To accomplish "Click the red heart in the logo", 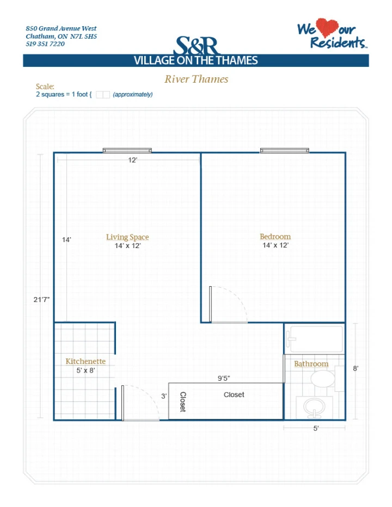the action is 327,27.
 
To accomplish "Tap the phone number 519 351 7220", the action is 45,44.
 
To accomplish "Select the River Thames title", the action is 196,79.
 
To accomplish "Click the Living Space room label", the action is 127,237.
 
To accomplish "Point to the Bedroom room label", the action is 275,236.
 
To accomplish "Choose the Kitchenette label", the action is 85,361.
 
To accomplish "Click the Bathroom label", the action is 311,364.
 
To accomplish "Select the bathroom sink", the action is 314,407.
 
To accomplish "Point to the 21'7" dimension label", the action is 41,299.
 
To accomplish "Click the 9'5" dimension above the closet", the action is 224,378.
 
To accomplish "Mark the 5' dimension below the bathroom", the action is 316,429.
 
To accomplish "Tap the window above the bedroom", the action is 285,150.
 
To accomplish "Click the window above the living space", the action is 127,150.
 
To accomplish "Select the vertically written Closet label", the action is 183,401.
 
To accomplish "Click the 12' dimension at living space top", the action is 133,160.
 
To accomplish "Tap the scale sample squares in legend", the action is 103,95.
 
